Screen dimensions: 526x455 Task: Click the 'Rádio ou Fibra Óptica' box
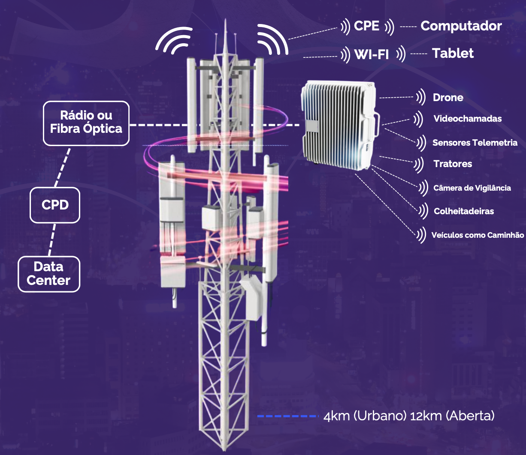[86, 123]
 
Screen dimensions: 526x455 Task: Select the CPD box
[55, 205]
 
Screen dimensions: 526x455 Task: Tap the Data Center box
[49, 274]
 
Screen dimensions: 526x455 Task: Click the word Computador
[461, 26]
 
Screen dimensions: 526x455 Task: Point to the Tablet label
[453, 54]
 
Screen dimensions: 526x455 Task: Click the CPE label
[366, 26]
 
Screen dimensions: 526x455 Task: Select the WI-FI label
[372, 54]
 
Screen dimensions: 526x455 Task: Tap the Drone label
[448, 98]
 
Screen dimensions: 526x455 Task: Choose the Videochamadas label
[468, 119]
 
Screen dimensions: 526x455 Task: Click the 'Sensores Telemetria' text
[475, 143]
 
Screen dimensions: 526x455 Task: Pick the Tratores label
[453, 164]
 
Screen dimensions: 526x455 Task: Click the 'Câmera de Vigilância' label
[472, 188]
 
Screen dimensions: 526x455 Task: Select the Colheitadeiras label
[464, 211]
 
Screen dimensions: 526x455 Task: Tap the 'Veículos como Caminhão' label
[478, 235]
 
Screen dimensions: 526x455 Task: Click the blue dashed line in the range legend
[288, 416]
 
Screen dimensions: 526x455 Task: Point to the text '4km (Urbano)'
[365, 416]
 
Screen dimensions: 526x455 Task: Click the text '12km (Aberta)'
[452, 416]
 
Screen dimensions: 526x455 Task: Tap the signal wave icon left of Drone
[421, 97]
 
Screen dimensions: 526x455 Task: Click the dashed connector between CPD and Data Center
[52, 239]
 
